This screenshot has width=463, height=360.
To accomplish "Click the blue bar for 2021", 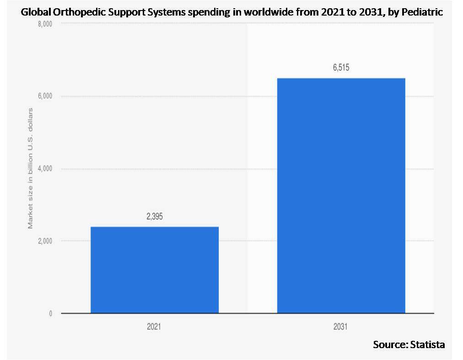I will (x=155, y=270).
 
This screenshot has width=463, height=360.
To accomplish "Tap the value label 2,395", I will (x=155, y=217).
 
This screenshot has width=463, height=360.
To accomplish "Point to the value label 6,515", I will (x=341, y=69).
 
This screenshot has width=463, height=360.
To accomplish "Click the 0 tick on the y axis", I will (x=50, y=313).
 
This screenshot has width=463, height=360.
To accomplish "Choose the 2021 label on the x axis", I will (x=155, y=327).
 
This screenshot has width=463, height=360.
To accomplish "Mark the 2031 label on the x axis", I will (x=341, y=327).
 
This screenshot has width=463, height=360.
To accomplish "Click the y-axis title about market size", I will (x=31, y=169).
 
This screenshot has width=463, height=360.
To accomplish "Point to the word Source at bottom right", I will (x=388, y=344).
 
